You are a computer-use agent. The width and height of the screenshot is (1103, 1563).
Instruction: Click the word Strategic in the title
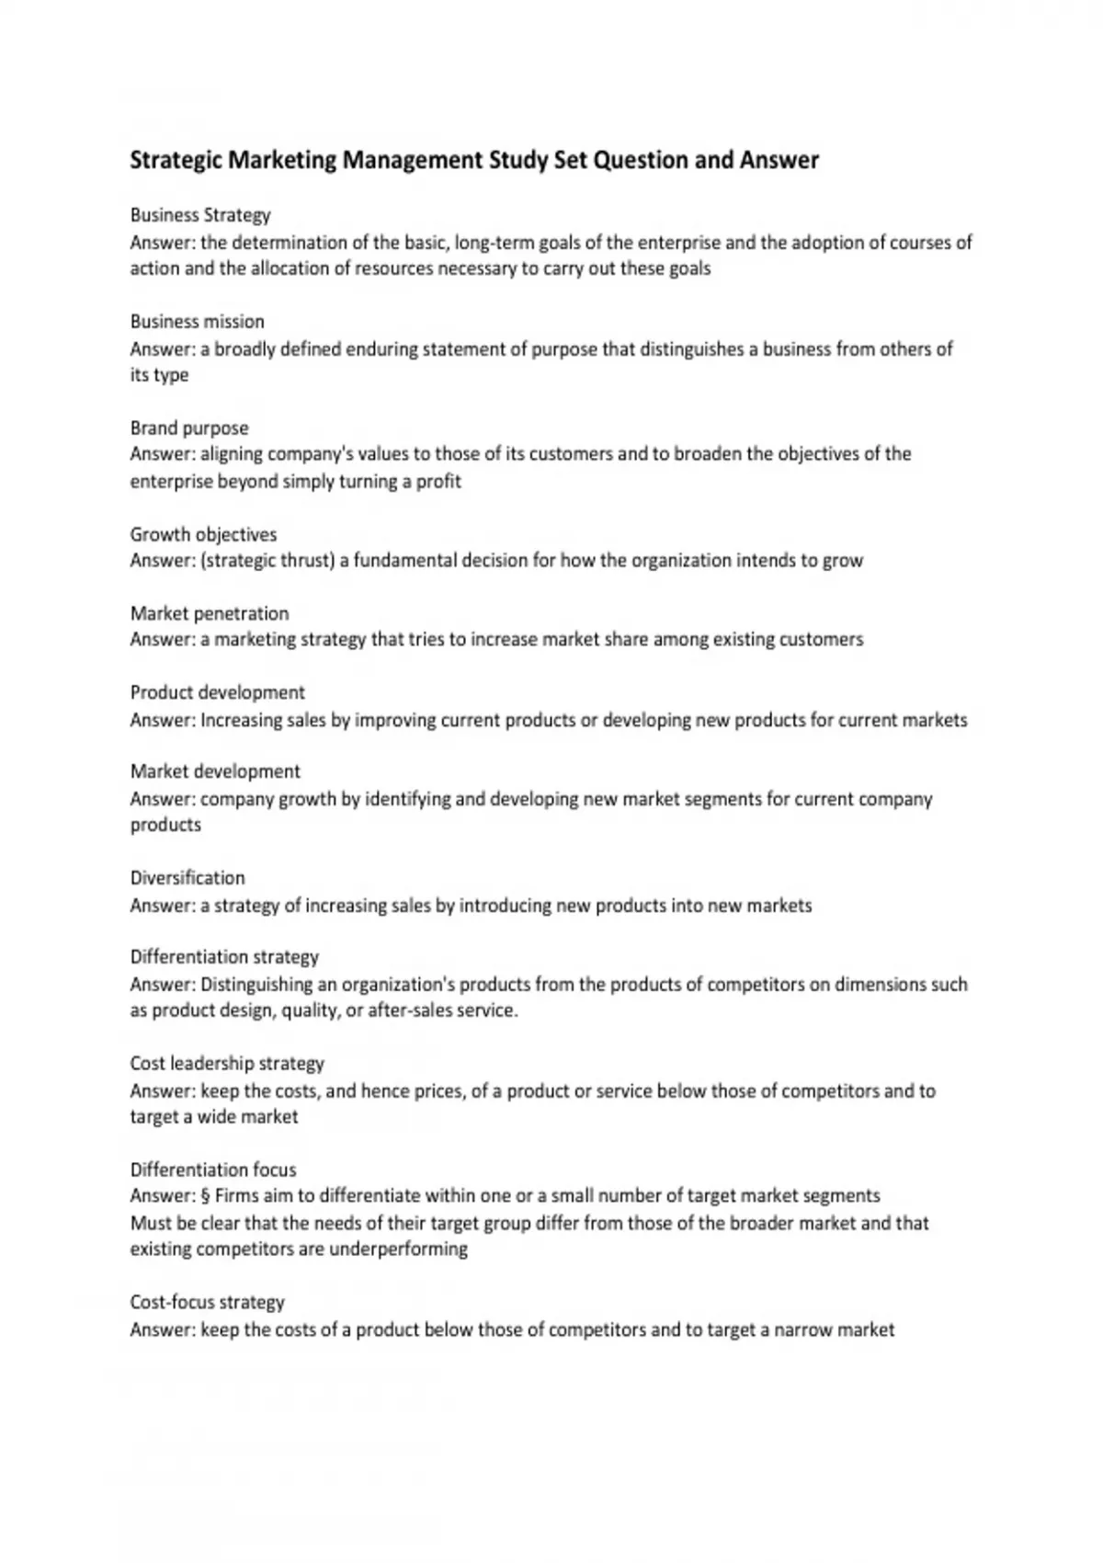[x=176, y=161]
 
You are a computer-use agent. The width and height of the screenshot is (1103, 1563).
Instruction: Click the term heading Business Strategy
[x=200, y=215]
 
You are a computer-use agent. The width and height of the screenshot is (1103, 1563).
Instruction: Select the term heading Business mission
[x=197, y=322]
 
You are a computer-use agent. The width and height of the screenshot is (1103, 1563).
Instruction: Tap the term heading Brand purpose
[x=189, y=428]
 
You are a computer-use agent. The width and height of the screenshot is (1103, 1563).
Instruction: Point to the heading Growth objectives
[x=203, y=534]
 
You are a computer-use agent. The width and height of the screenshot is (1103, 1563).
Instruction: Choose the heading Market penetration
[x=210, y=613]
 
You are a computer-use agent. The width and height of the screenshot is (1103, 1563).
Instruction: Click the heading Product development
[x=217, y=692]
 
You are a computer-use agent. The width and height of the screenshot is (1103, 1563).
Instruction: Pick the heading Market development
[x=215, y=771]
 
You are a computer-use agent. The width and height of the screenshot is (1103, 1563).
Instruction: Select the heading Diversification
[x=188, y=878]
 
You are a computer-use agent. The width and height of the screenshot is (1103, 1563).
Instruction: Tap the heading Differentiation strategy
[x=224, y=957]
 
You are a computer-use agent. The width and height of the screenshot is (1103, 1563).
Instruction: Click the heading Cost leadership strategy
[x=227, y=1064]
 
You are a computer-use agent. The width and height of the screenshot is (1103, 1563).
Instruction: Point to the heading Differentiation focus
[x=213, y=1169]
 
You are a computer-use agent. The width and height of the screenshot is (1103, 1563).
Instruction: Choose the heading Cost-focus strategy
[x=208, y=1302]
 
